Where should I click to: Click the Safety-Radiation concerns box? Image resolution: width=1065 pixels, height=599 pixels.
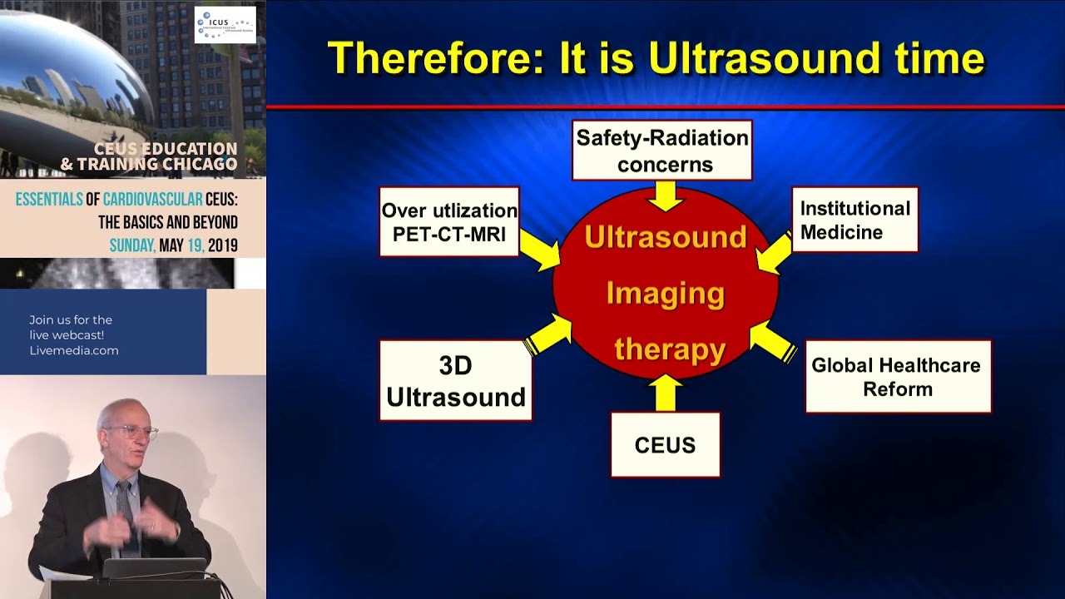[x=662, y=151]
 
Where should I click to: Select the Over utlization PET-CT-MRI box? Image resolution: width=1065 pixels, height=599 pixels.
[x=449, y=221]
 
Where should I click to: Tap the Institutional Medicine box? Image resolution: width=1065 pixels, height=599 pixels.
[x=854, y=220]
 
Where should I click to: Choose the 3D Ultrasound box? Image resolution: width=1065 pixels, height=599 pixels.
[x=455, y=380]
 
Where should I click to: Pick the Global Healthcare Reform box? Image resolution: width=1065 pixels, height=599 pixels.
[x=897, y=377]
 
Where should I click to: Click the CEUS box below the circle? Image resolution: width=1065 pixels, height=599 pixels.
[x=665, y=445]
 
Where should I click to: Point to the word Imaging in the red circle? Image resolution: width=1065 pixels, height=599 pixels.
[x=665, y=293]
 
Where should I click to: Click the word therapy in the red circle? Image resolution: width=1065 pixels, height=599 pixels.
[x=670, y=349]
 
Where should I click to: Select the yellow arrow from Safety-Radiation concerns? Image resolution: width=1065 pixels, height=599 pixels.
[x=665, y=196]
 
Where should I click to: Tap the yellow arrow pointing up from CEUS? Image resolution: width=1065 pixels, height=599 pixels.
[x=665, y=393]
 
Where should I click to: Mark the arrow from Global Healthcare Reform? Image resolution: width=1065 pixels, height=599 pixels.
[x=774, y=341]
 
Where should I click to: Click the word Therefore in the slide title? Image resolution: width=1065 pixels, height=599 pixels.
[x=433, y=59]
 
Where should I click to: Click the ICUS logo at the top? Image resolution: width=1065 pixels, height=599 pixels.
[x=225, y=25]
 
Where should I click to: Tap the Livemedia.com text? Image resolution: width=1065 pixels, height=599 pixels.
[x=74, y=350]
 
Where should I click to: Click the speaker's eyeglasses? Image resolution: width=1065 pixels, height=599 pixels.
[x=131, y=433]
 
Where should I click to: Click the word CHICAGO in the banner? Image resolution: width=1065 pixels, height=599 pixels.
[x=196, y=164]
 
